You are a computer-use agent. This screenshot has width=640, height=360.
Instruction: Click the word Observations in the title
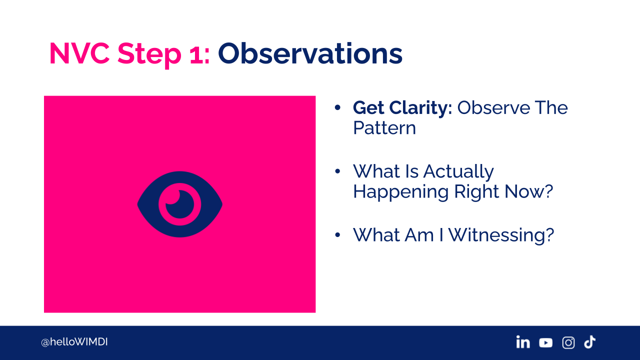tap(310, 53)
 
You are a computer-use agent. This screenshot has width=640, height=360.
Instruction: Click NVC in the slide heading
tap(79, 53)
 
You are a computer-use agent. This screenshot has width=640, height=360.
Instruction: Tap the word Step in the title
tap(149, 55)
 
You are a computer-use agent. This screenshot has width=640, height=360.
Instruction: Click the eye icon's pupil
tap(180, 204)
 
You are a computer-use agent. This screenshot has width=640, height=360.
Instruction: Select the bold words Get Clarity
tap(402, 108)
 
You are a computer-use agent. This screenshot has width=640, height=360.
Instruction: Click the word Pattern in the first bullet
tap(384, 127)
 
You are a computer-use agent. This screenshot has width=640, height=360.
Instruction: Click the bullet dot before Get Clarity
tap(337, 107)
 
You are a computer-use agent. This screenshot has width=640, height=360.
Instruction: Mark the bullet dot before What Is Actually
tap(337, 171)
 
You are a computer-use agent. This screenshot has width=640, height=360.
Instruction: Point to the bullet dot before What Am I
tap(337, 235)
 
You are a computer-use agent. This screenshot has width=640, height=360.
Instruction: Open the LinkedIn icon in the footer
tap(523, 342)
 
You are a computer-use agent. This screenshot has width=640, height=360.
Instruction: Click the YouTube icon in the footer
tap(545, 342)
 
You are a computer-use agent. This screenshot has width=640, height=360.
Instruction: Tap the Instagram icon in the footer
tap(568, 342)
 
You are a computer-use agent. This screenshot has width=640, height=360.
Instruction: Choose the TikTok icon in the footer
tap(589, 342)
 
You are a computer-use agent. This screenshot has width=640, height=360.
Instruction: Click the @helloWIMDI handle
tap(74, 342)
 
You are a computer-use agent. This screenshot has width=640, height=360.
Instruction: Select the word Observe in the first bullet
tap(494, 107)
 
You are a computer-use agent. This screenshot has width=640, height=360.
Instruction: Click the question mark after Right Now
tap(547, 191)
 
